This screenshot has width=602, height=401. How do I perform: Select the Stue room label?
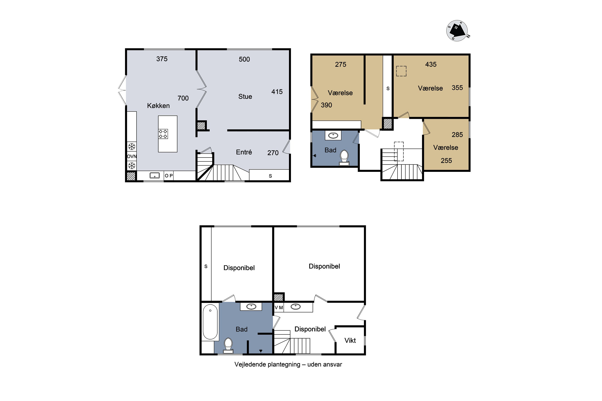245,96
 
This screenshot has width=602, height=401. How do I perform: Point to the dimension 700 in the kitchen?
183,98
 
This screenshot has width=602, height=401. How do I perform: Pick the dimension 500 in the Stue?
244,59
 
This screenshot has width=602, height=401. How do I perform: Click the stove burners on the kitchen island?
163,134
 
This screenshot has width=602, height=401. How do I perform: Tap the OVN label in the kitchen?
132,156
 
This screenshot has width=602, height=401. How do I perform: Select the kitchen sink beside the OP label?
155,175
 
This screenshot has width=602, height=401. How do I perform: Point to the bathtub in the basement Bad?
210,322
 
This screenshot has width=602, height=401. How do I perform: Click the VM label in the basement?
279,307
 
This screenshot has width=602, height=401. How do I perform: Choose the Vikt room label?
350,341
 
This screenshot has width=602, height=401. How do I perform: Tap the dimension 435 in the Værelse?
431,64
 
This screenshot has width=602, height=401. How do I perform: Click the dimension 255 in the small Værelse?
446,161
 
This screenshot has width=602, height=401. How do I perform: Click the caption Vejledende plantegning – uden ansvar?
288,365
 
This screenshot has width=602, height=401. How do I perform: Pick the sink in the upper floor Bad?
333,135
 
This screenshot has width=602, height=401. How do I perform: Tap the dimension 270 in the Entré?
273,153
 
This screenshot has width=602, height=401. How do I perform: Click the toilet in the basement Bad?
228,345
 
